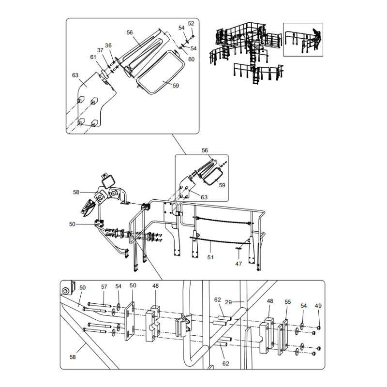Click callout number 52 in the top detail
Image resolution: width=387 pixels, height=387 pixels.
click(191, 23)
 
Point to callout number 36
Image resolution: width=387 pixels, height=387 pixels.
click(108, 45)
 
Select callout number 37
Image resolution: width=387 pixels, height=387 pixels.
click(100, 50)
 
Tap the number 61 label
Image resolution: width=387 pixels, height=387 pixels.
click(93, 57)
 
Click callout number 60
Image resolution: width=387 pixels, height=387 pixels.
click(192, 59)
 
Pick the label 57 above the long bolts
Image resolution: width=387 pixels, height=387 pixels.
click(104, 287)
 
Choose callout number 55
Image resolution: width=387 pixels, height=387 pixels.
click(288, 301)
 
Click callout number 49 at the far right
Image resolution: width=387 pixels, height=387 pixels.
click(318, 306)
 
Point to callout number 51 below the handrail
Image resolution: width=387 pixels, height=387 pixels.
click(210, 258)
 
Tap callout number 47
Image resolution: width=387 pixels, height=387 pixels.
click(238, 264)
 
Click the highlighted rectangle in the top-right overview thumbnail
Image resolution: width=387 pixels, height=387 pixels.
click(303, 39)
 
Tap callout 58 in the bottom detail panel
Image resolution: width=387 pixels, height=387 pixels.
click(73, 357)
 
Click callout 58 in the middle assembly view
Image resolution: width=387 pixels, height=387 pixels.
click(76, 192)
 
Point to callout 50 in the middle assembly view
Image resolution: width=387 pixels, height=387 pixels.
click(73, 224)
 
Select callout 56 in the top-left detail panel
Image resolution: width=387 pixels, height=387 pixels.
click(130, 32)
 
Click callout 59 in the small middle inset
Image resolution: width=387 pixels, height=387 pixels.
click(222, 185)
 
